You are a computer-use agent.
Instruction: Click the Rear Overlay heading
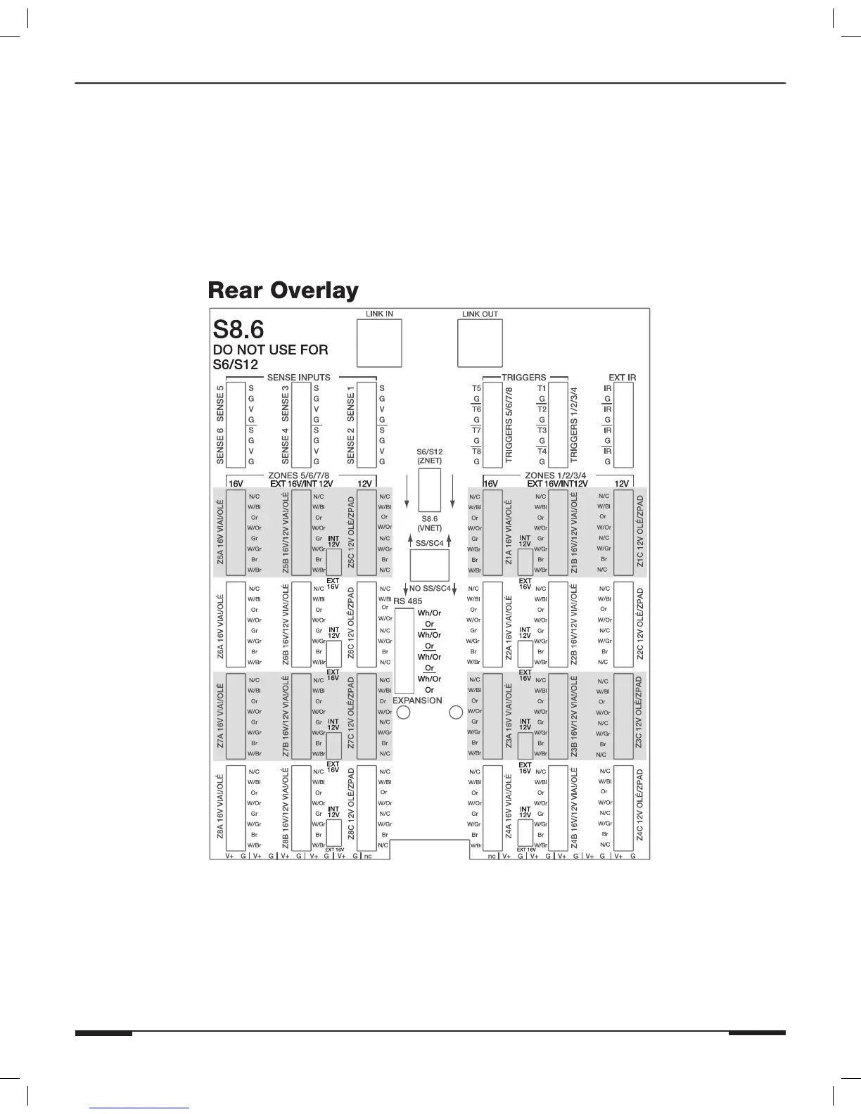[283, 290]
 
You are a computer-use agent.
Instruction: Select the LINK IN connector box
[379, 343]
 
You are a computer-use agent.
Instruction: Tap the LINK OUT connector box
[480, 343]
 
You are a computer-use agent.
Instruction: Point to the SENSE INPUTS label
[299, 378]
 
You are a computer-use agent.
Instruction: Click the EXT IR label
[622, 378]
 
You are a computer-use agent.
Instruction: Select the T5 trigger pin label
[476, 388]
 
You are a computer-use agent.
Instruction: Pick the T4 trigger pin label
[542, 452]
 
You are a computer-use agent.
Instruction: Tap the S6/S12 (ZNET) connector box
[430, 489]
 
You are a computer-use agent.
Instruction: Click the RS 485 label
[408, 601]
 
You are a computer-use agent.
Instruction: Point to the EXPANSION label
[417, 700]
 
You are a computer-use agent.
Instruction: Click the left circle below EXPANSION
[404, 712]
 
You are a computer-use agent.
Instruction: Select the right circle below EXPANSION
[456, 712]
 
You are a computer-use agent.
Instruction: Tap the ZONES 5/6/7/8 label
[299, 475]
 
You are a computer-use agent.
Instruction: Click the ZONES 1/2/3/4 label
[556, 475]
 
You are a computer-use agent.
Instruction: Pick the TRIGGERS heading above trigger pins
[523, 378]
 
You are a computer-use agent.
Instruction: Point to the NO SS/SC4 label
[430, 588]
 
